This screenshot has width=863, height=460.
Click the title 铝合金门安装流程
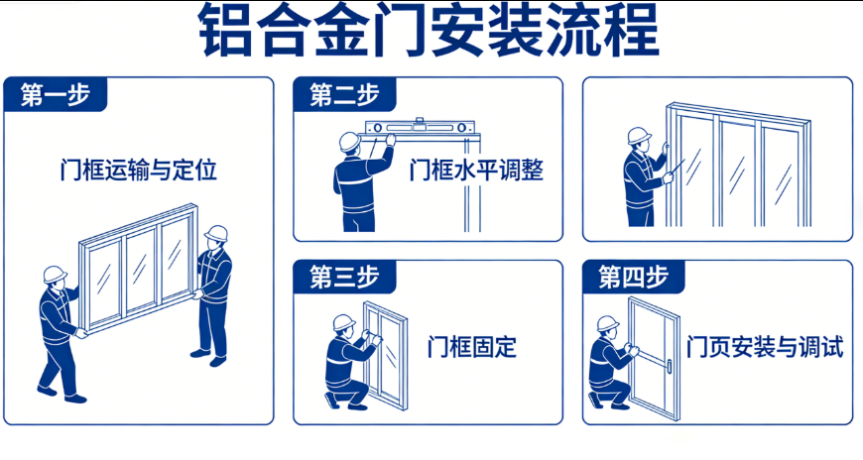tap(429, 30)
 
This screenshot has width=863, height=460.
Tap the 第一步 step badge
tap(55, 94)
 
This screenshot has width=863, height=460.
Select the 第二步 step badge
tap(344, 94)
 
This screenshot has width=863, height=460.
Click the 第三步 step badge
tap(344, 277)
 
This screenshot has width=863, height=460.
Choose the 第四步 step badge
tap(634, 277)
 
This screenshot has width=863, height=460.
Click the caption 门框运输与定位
tap(138, 170)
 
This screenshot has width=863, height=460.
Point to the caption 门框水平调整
tap(476, 170)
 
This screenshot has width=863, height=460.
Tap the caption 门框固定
tap(472, 347)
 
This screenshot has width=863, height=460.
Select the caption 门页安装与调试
tap(765, 347)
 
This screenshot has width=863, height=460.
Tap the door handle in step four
tap(669, 367)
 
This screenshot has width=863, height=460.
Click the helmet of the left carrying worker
tap(55, 274)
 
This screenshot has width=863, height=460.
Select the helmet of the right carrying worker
tap(216, 233)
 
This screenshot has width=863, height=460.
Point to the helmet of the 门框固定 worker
tap(344, 322)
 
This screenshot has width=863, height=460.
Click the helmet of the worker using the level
tap(349, 141)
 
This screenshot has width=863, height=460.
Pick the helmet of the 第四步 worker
tap(608, 323)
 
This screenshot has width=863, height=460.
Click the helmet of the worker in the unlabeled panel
tap(639, 136)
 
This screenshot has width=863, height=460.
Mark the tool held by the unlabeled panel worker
tap(677, 167)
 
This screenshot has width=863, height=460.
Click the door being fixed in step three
tap(385, 355)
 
